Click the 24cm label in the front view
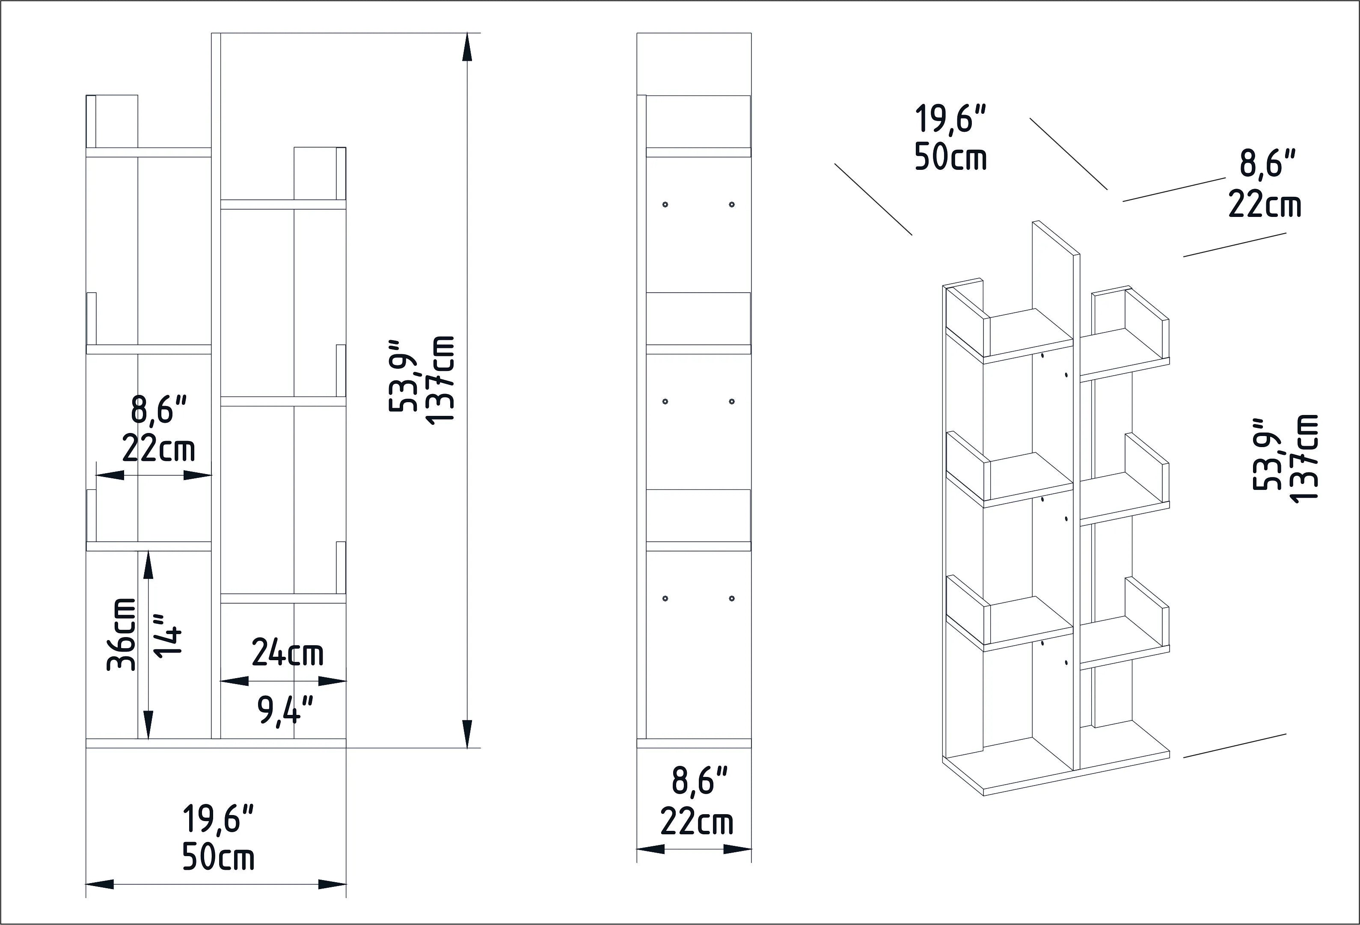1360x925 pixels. pyautogui.click(x=287, y=653)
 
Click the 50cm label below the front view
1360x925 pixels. pyautogui.click(x=218, y=858)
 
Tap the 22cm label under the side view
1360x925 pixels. pyautogui.click(x=696, y=821)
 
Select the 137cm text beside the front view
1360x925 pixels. pyautogui.click(x=440, y=381)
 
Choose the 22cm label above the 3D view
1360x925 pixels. pyautogui.click(x=1264, y=205)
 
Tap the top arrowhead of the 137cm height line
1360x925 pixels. pyautogui.click(x=466, y=47)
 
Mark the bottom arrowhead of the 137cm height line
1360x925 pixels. pyautogui.click(x=466, y=734)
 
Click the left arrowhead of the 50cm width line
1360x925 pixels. pyautogui.click(x=99, y=884)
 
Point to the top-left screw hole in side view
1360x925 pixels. pyautogui.click(x=665, y=204)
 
